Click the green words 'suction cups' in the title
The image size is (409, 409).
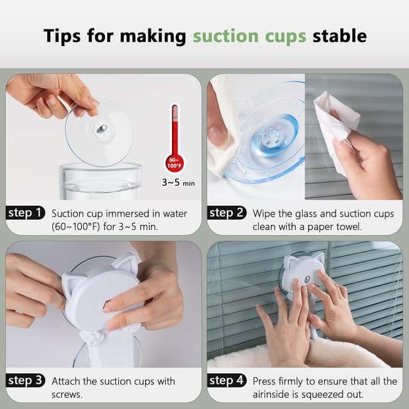(x=251, y=35)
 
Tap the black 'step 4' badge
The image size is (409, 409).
(x=227, y=382)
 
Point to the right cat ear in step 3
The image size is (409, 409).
(x=125, y=263)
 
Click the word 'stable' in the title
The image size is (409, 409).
(x=339, y=35)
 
